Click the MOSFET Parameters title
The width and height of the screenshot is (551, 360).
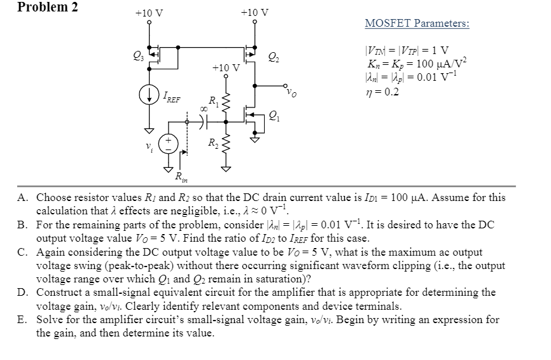(417, 24)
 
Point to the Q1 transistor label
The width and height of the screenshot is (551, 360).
(273, 116)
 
